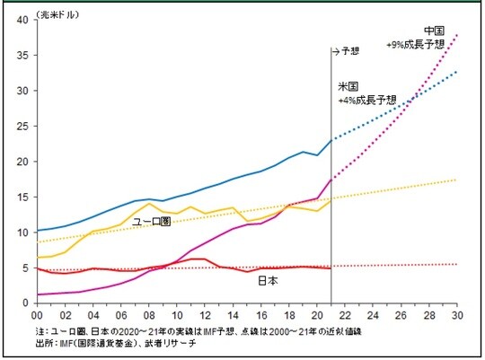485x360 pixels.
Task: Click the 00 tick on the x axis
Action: (36, 313)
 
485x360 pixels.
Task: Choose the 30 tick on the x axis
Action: (458, 313)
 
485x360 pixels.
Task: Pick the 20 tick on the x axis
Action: (317, 313)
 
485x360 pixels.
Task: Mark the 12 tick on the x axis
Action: (205, 313)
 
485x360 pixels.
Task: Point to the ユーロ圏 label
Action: (152, 221)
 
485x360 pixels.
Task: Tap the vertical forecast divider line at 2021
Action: (331, 180)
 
